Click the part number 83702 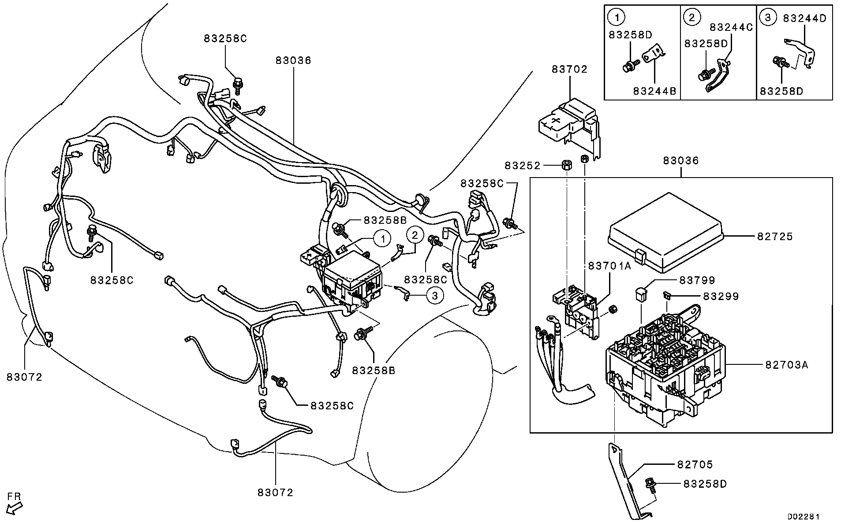[569, 69]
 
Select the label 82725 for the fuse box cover [775, 237]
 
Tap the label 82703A [786, 365]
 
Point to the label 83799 [697, 280]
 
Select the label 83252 [523, 166]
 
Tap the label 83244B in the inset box [654, 91]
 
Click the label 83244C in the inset [731, 27]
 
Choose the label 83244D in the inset [805, 18]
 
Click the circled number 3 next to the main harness [435, 296]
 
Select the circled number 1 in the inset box [617, 17]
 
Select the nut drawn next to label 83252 [565, 166]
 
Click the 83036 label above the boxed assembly [681, 160]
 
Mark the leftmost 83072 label [24, 377]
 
